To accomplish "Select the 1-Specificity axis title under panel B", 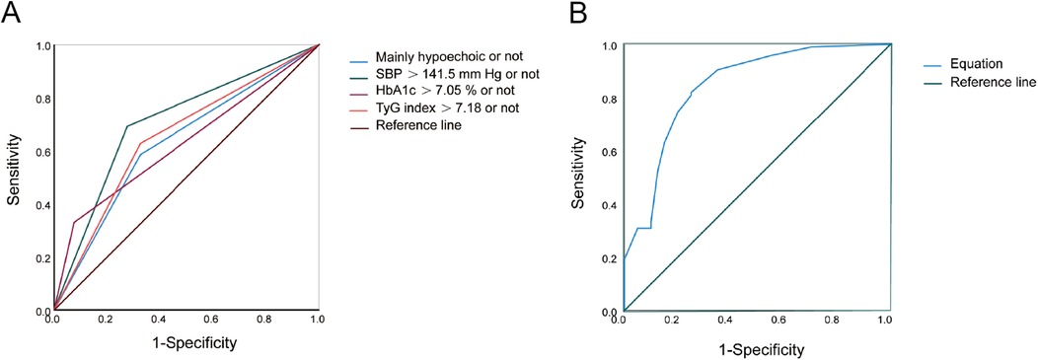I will pyautogui.click(x=755, y=349).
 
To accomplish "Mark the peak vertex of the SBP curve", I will pyautogui.click(x=127, y=126).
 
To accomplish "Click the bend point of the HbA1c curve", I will pyautogui.click(x=74, y=222).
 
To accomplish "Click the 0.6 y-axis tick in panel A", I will pyautogui.click(x=39, y=152).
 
